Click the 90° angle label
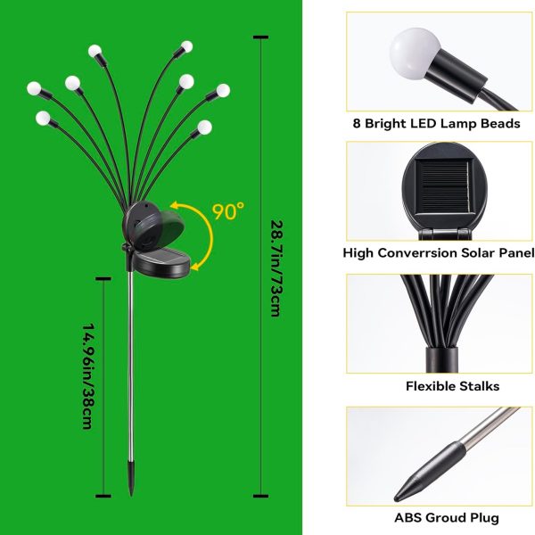pyautogui.click(x=229, y=211)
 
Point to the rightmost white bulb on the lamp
pyautogui.click(x=223, y=90)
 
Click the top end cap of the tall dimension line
pyautogui.click(x=260, y=37)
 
